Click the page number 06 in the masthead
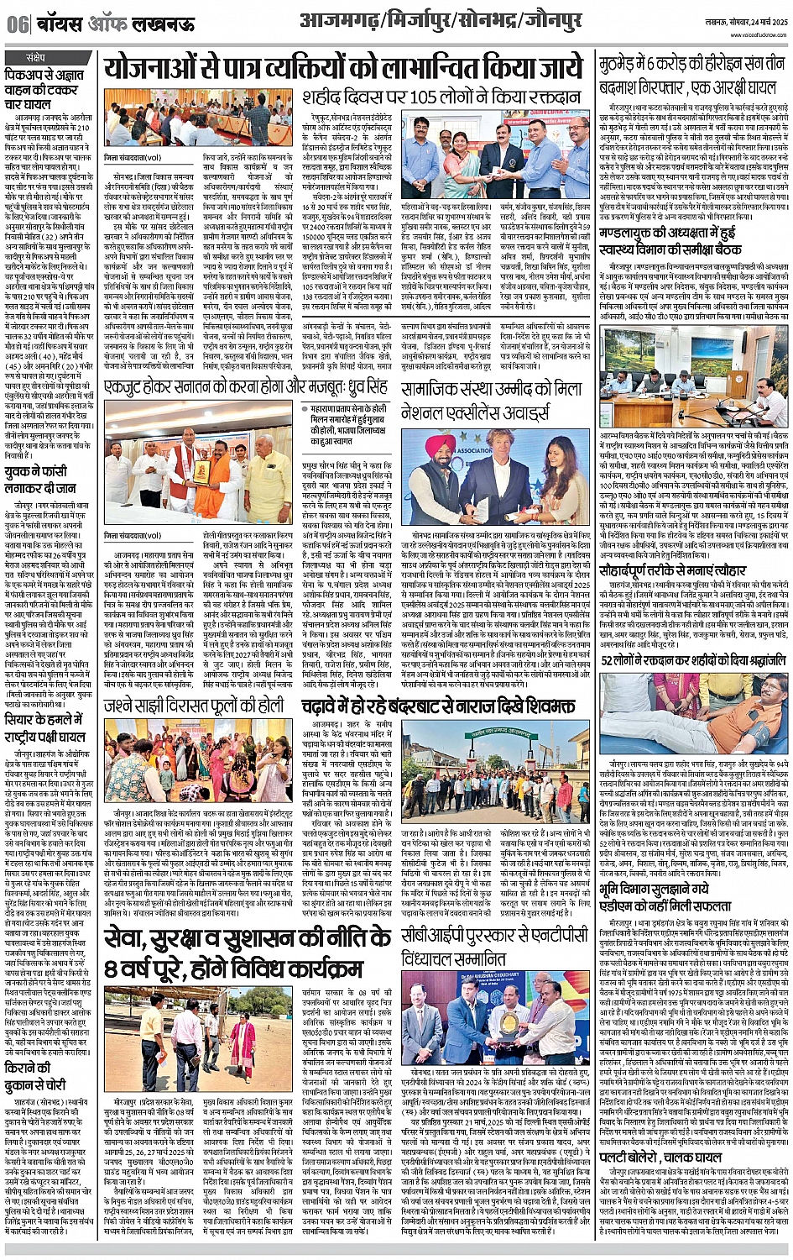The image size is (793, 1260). (17, 24)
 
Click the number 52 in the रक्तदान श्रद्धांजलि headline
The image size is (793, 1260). (609, 660)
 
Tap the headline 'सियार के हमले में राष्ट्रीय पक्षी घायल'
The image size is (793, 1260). (51, 729)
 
